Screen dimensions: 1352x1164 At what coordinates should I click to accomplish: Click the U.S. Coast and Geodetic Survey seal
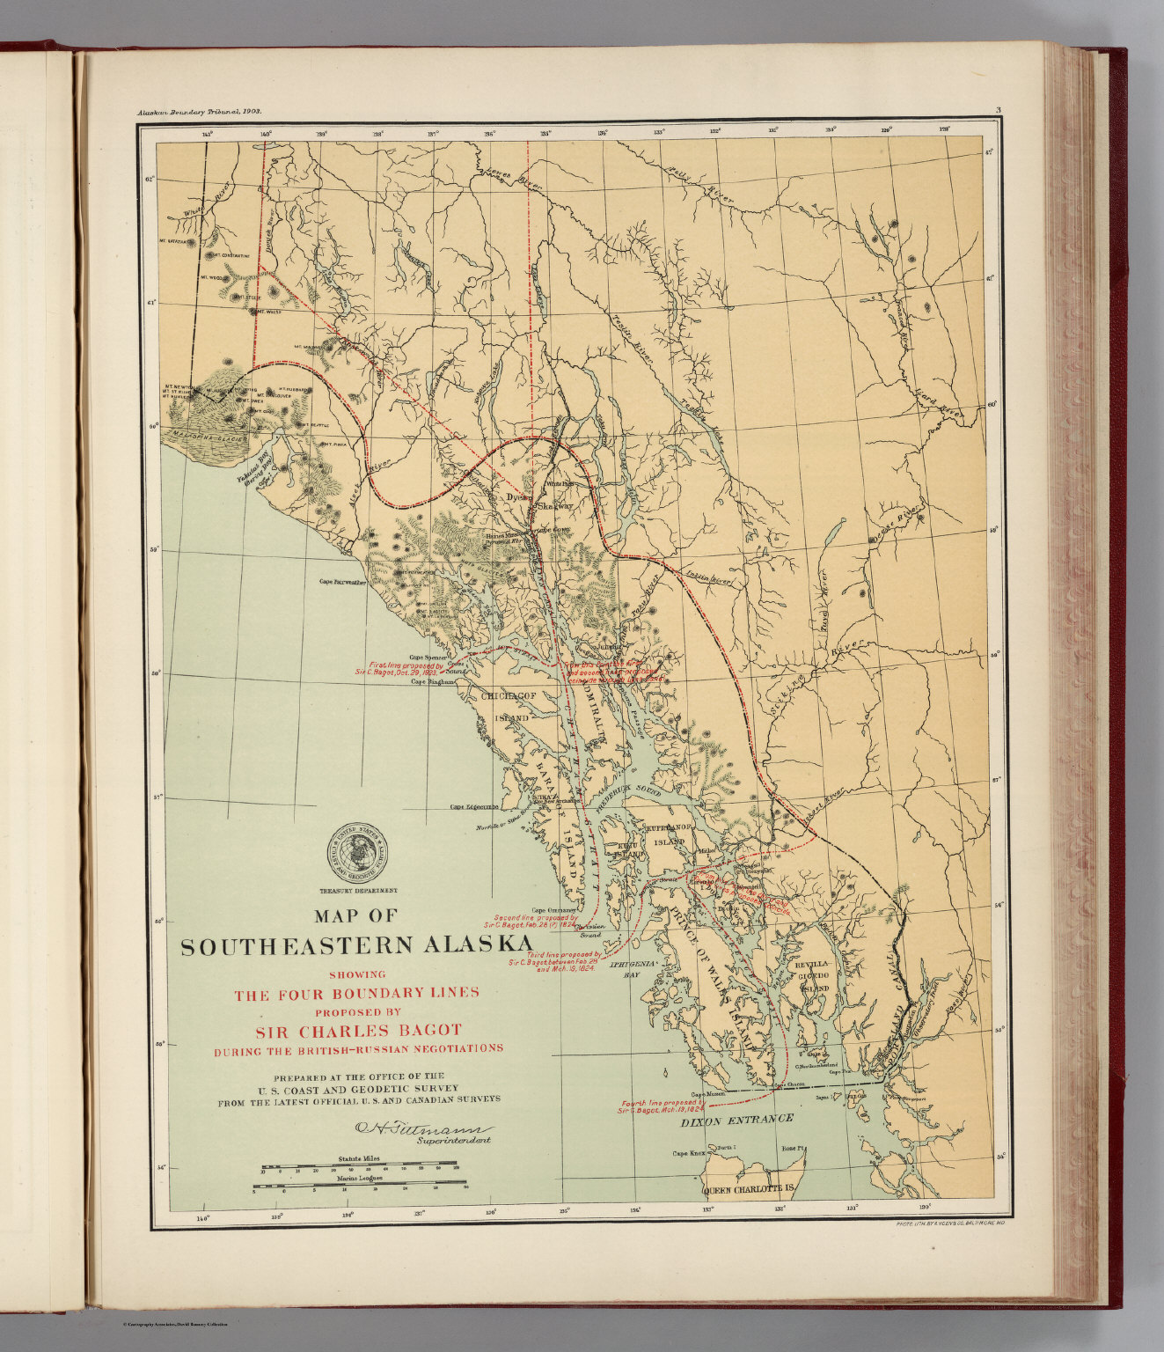click(361, 855)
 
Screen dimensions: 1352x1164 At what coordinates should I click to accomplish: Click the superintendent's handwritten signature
click(422, 1128)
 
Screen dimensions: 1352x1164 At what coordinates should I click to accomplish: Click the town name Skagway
click(554, 507)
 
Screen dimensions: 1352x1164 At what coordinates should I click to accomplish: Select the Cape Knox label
click(689, 1153)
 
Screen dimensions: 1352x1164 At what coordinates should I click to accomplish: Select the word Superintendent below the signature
click(453, 1141)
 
